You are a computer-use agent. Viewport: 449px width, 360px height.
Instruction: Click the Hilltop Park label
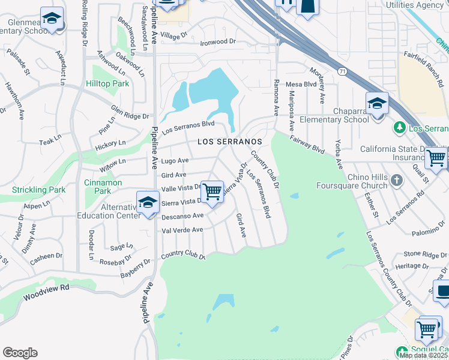pos(107,84)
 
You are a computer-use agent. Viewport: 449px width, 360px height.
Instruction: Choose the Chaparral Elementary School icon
pos(377,104)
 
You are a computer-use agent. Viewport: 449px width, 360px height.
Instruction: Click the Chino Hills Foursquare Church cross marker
pos(396,180)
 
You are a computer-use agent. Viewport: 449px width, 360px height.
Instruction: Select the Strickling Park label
pos(38,190)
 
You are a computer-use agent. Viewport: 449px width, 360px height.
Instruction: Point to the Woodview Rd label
pos(46,292)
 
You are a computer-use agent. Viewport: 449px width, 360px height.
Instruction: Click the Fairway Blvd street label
pos(306,144)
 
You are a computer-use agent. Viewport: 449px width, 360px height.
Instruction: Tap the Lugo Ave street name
pos(175,161)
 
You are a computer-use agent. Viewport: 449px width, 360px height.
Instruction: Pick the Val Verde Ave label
pos(182,230)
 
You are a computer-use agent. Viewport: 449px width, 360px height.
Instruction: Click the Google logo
pos(20,353)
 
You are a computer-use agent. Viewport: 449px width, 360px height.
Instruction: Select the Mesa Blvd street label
pos(301,85)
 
